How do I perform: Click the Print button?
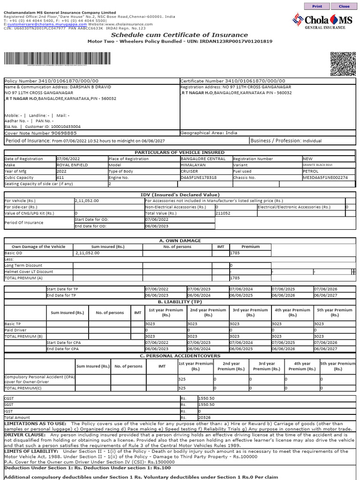317,7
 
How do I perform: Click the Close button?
344,7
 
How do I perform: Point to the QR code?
343,64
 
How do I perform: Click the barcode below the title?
58,60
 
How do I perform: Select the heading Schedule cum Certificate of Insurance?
180,35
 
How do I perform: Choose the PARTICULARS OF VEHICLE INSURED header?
180,152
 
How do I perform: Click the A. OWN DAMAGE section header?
180,240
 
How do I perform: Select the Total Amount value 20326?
205,417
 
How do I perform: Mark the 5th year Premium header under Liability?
334,313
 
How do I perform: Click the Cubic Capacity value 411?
61,178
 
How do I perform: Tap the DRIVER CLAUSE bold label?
22,435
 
